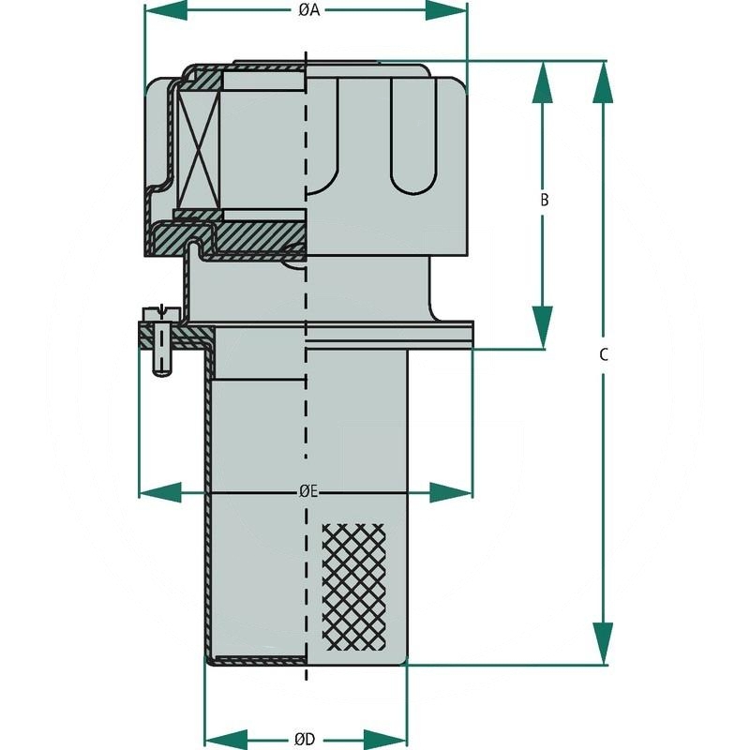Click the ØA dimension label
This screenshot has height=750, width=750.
(x=309, y=10)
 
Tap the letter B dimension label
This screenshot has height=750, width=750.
(x=545, y=200)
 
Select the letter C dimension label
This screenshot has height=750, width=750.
(x=604, y=355)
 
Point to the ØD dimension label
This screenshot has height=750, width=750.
(x=305, y=739)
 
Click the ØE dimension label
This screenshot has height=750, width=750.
(x=308, y=491)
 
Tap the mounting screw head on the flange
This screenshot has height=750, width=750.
(x=160, y=313)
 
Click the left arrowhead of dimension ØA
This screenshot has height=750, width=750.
(x=166, y=10)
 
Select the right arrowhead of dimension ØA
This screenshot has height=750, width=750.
(x=446, y=10)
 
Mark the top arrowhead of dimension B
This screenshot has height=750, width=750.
(x=543, y=82)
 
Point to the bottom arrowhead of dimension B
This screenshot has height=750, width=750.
(x=543, y=327)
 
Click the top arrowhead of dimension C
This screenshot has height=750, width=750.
(x=603, y=82)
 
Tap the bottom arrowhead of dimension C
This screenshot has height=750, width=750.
(x=603, y=643)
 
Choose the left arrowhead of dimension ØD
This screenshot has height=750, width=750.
(x=226, y=739)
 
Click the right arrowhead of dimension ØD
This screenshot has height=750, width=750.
(x=385, y=739)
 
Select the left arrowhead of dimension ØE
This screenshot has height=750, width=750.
(x=160, y=492)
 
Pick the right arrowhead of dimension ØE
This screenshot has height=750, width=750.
(x=451, y=492)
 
